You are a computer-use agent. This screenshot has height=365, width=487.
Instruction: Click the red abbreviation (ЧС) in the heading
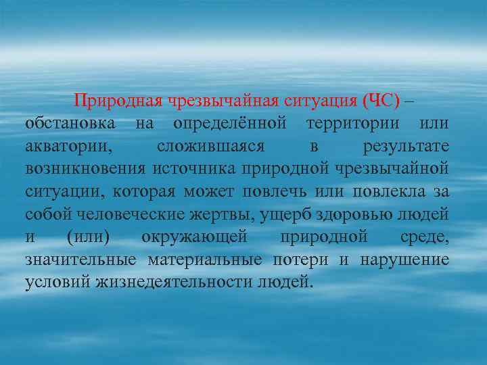click(x=381, y=101)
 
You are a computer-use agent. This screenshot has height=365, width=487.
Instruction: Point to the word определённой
click(x=231, y=124)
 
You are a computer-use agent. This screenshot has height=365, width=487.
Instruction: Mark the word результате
click(x=406, y=146)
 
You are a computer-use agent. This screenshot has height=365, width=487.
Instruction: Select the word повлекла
click(x=392, y=191)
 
